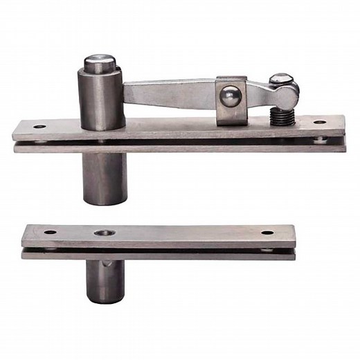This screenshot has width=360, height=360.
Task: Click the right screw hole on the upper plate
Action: point(319,123)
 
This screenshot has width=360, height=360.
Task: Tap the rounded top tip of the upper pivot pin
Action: point(100,63)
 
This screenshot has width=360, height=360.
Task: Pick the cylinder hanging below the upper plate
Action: point(102,177)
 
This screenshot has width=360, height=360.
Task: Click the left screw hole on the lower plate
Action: point(51,232)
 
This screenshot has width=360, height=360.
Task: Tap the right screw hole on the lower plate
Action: point(267,232)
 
